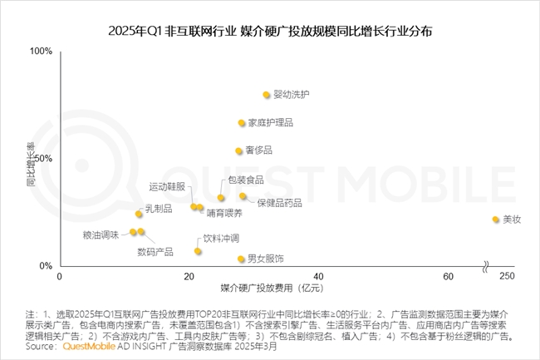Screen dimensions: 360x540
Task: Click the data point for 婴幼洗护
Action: tap(267, 95)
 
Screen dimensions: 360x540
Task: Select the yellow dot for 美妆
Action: tap(496, 219)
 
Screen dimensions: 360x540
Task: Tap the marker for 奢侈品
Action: tap(238, 150)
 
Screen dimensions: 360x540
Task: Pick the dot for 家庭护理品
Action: tap(242, 123)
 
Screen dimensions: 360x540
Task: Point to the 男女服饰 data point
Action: tap(241, 259)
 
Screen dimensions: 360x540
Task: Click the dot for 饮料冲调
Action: tap(198, 251)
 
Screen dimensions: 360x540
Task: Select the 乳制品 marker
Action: tap(140, 214)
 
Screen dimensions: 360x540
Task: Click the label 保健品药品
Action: tap(279, 203)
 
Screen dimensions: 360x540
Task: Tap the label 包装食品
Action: tap(246, 180)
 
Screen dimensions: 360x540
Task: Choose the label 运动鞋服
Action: tap(167, 186)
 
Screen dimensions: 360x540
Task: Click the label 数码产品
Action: tap(155, 251)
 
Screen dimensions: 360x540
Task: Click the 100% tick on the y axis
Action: tap(41, 52)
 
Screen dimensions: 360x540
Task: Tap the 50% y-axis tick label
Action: tap(43, 159)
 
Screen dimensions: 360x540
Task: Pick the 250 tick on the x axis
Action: tap(508, 276)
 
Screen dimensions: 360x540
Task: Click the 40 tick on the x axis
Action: tap(318, 276)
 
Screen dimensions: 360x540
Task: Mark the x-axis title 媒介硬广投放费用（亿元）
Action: tap(271, 288)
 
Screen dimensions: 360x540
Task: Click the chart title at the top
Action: tap(270, 32)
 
